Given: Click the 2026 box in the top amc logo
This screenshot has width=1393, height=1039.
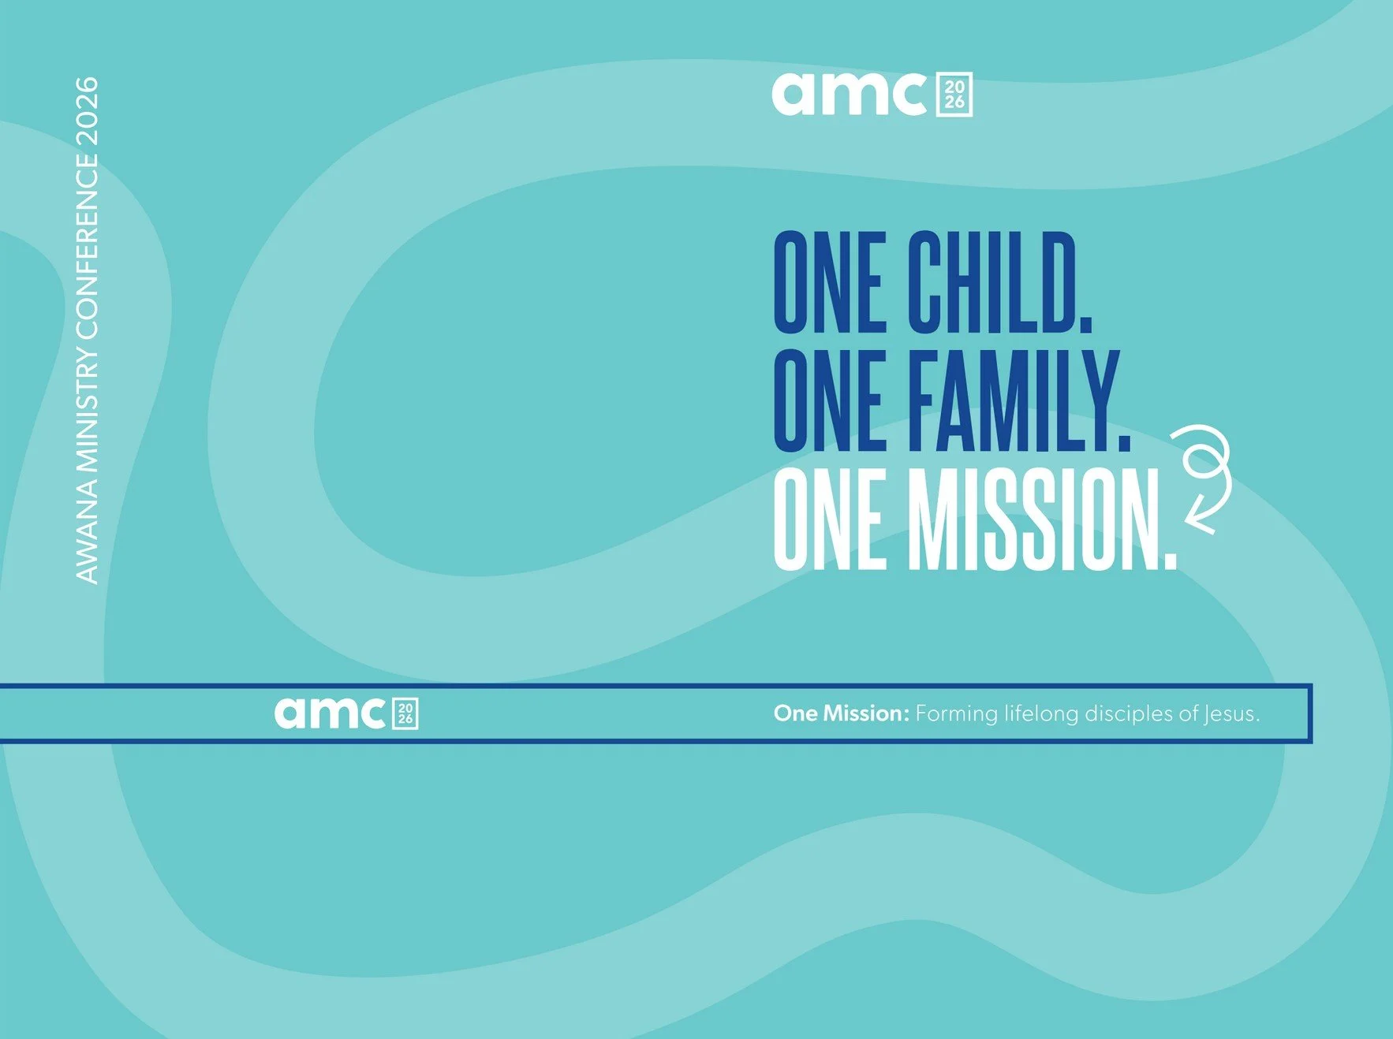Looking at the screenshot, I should pyautogui.click(x=954, y=95).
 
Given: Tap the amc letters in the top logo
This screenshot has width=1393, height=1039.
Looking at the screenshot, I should pyautogui.click(x=849, y=94).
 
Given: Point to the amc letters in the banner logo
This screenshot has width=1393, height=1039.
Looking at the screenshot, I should pyautogui.click(x=329, y=713).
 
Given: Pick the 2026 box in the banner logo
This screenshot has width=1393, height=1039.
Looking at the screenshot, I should pyautogui.click(x=405, y=713).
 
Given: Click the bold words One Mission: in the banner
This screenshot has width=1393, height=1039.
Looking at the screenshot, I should pyautogui.click(x=841, y=713).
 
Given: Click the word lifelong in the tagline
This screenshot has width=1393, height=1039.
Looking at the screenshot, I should pyautogui.click(x=1040, y=713).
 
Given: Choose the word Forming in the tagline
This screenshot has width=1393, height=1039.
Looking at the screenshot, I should pyautogui.click(x=956, y=713).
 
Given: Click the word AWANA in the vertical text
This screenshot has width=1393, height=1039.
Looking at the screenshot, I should pyautogui.click(x=87, y=533).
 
